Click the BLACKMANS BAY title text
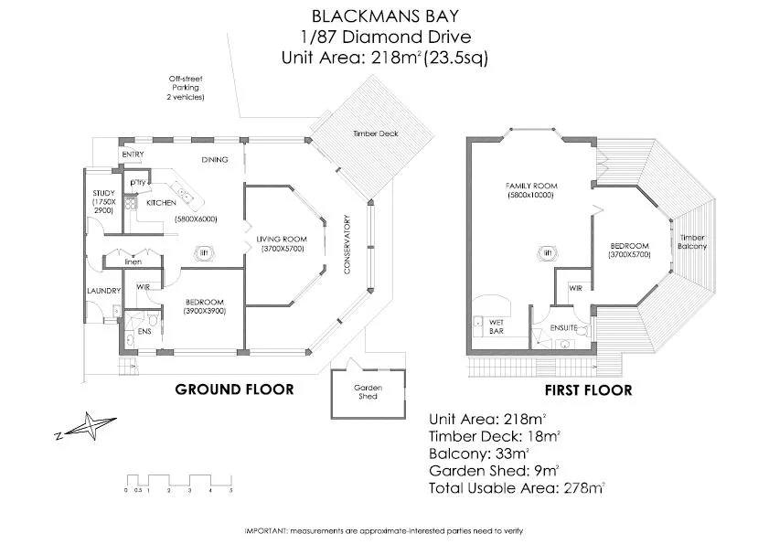coord(384,16)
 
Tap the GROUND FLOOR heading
coord(234,389)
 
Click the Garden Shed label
coord(368,391)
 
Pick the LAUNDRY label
coord(104,291)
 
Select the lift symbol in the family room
coord(548,254)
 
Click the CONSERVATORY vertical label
coord(347,244)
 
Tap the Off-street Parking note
coord(185,87)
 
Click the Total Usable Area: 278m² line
coord(517,488)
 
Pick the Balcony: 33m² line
coord(478,453)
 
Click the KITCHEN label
coord(161,202)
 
